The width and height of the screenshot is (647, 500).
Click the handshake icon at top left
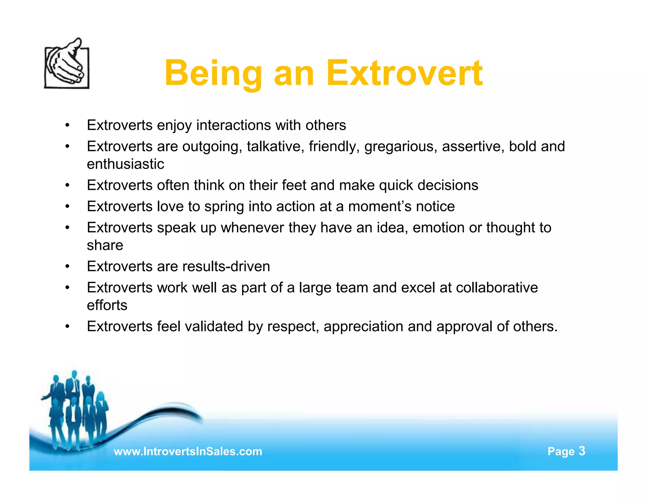[67, 64]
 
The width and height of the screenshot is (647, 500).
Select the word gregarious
[401, 147]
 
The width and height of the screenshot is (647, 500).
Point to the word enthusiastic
[125, 164]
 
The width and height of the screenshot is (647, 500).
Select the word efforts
[107, 305]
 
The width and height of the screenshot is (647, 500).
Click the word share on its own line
[105, 245]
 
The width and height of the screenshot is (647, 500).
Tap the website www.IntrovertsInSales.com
[188, 451]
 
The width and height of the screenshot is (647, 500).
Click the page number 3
[582, 451]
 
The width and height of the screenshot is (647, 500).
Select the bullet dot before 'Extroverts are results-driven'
[67, 267]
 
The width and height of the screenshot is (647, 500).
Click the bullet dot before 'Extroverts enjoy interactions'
[67, 125]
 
